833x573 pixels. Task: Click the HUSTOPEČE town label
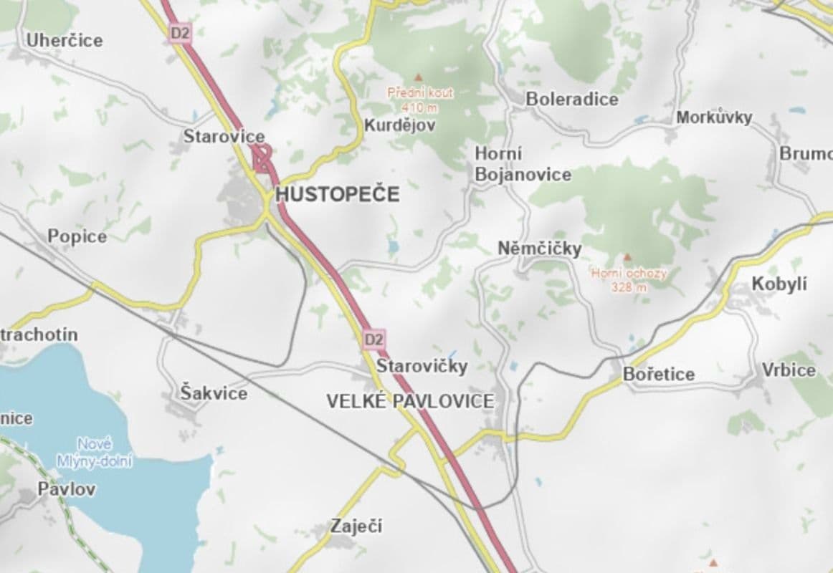click(x=337, y=195)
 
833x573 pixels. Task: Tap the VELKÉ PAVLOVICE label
click(x=410, y=401)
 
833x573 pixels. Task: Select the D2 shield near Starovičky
click(x=373, y=338)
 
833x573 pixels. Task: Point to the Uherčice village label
click(x=65, y=41)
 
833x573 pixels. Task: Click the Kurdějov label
click(x=399, y=125)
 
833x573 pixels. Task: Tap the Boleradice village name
click(x=571, y=99)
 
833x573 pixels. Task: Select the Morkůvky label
click(x=713, y=117)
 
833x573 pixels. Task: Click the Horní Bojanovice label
click(x=523, y=165)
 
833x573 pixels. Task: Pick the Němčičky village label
click(x=539, y=249)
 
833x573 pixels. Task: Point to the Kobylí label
click(x=779, y=284)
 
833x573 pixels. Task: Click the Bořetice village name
click(x=658, y=374)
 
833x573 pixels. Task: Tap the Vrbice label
click(x=789, y=370)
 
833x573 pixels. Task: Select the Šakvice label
click(x=214, y=393)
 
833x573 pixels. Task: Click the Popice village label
click(x=77, y=236)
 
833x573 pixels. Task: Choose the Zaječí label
click(x=356, y=526)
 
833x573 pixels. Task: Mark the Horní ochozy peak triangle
click(x=628, y=256)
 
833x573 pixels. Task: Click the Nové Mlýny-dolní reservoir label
click(x=94, y=453)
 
